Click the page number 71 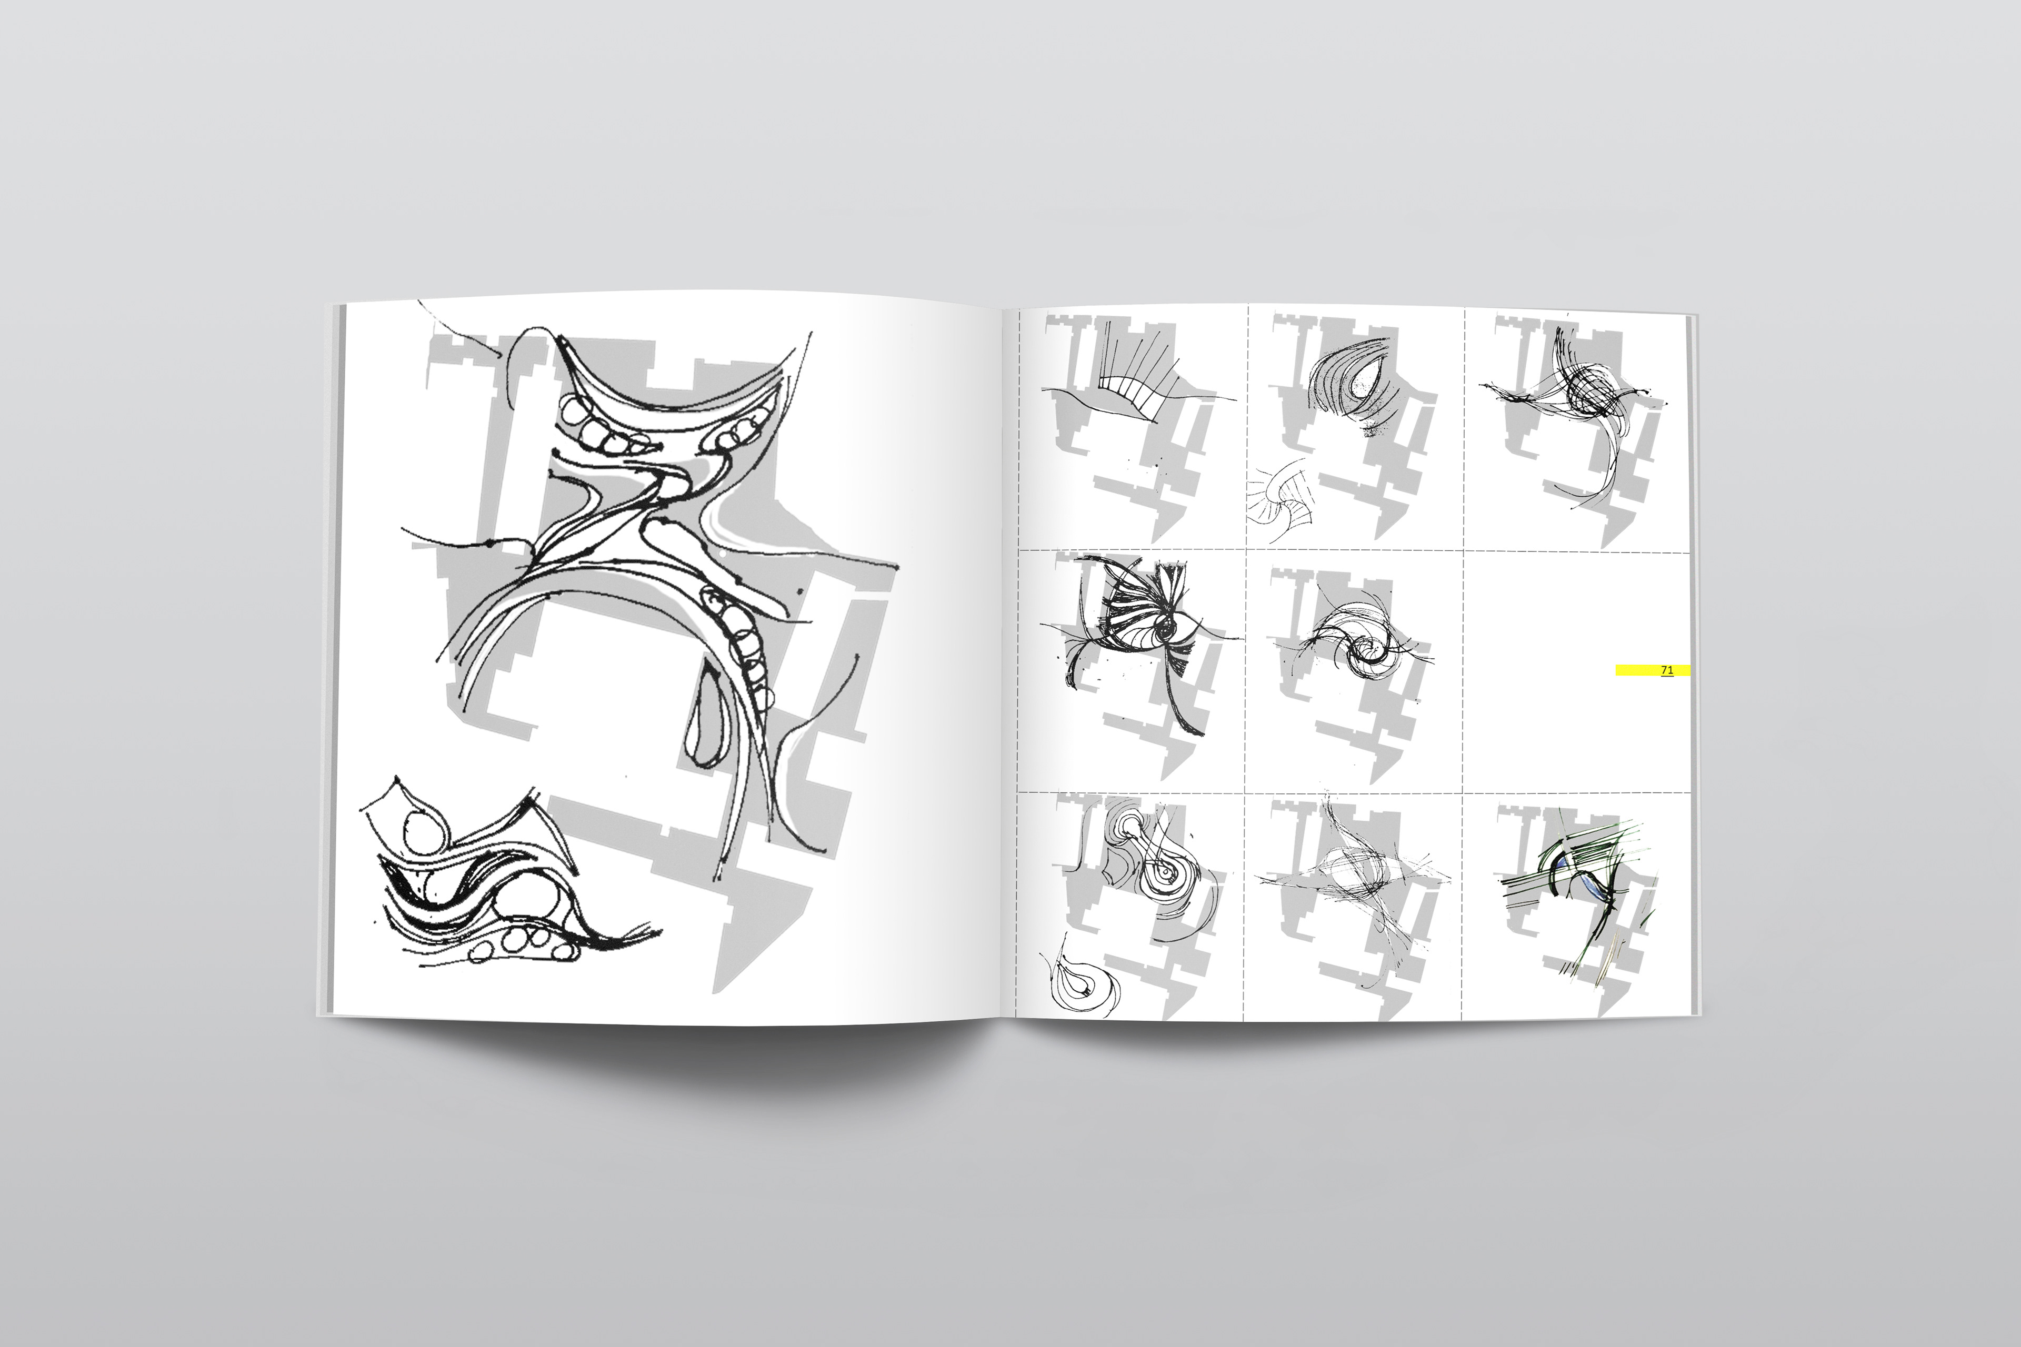(1667, 670)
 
